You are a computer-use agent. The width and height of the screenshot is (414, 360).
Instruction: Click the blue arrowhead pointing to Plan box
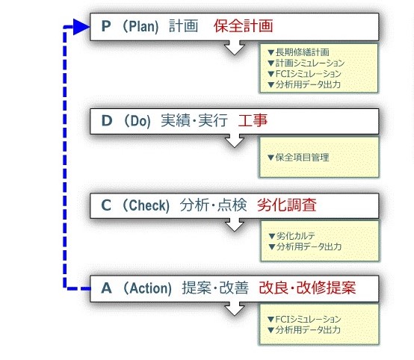(x=81, y=27)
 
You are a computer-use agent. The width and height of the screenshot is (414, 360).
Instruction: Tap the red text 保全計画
(x=243, y=26)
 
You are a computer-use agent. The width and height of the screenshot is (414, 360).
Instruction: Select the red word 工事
(x=253, y=120)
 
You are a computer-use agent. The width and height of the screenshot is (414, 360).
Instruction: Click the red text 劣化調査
(x=287, y=205)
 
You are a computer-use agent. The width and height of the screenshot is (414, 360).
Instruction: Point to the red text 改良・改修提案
(x=307, y=288)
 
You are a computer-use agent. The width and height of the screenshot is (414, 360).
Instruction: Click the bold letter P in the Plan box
(x=106, y=26)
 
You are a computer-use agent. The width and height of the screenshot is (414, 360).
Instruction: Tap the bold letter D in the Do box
(x=107, y=120)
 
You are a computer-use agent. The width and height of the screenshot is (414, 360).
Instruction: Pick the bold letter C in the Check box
(x=106, y=205)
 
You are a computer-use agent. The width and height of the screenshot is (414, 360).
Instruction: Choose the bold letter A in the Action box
(x=106, y=288)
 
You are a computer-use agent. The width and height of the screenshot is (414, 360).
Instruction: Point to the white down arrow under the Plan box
(x=235, y=48)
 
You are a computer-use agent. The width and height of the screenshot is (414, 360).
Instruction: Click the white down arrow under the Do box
(x=235, y=140)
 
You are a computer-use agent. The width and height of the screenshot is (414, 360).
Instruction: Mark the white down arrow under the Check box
(x=235, y=225)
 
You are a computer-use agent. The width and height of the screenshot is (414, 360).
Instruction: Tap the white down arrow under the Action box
(x=235, y=308)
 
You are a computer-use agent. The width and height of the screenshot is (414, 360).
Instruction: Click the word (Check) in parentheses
(x=146, y=205)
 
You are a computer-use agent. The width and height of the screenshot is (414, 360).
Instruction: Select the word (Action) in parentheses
(x=148, y=288)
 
